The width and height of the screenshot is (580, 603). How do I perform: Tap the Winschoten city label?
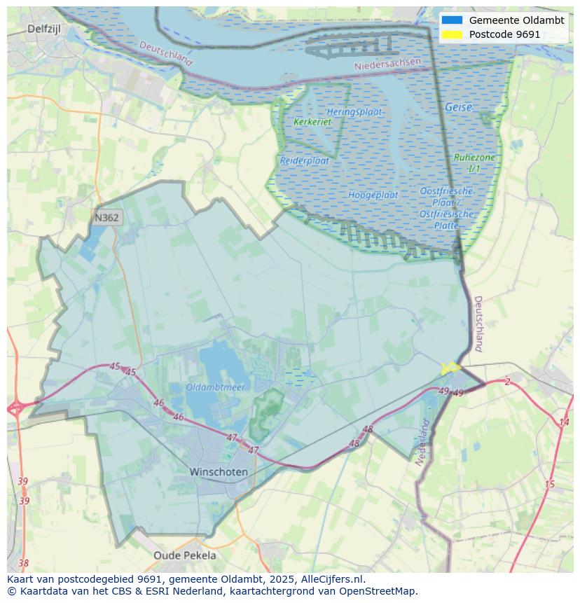pyautogui.click(x=219, y=472)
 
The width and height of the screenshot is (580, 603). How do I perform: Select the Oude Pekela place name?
pyautogui.click(x=185, y=555)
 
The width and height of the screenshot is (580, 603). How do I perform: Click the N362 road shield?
pyautogui.click(x=106, y=218)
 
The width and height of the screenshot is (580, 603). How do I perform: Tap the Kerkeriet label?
pyautogui.click(x=312, y=122)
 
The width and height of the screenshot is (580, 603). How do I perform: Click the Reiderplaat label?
pyautogui.click(x=305, y=160)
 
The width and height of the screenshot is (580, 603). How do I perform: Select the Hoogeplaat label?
pyautogui.click(x=373, y=195)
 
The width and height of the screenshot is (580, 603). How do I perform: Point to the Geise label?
pyautogui.click(x=458, y=108)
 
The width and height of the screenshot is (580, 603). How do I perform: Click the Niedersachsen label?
pyautogui.click(x=388, y=64)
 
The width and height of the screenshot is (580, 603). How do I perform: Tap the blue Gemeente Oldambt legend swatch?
pyautogui.click(x=452, y=20)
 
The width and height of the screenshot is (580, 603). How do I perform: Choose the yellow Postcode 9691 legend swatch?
pyautogui.click(x=452, y=34)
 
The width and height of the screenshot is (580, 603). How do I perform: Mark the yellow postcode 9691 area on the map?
pyautogui.click(x=449, y=368)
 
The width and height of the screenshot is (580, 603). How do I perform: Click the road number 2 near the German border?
pyautogui.click(x=507, y=382)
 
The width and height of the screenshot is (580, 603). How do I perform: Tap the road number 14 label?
pyautogui.click(x=564, y=422)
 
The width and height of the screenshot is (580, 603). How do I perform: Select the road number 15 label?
pyautogui.click(x=549, y=484)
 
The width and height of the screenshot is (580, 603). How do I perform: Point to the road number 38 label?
pyautogui.click(x=24, y=563)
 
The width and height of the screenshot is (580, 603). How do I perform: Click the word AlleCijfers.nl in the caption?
pyautogui.click(x=329, y=579)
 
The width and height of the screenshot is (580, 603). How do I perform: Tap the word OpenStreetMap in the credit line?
pyautogui.click(x=377, y=591)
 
